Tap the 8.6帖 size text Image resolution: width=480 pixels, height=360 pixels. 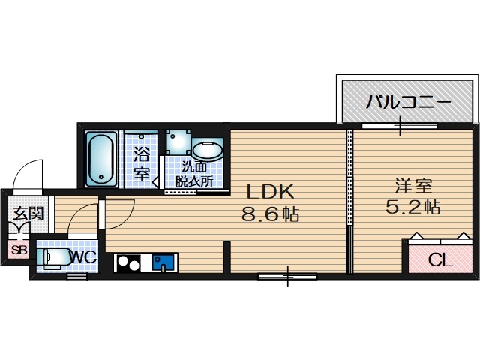coord(270,215)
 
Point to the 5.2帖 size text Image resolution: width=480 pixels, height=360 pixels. coord(412,207)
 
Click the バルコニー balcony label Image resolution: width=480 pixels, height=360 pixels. coord(408,103)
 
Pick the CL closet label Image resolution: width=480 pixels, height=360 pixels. coord(439,261)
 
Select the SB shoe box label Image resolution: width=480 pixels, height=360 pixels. coord(18,250)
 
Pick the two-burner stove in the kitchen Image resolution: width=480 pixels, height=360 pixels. coord(128,263)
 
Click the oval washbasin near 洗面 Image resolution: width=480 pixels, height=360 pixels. coord(207,150)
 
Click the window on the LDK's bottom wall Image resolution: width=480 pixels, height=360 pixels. coord(286,276)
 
